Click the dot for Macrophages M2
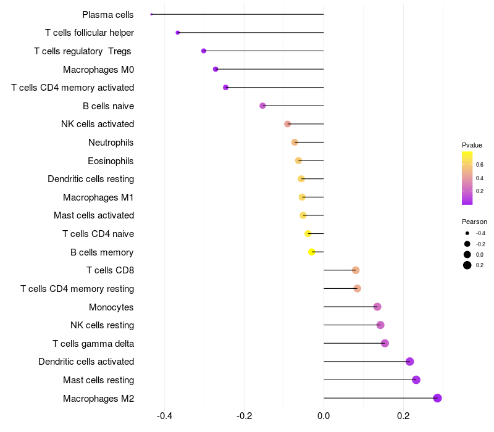click(437, 398)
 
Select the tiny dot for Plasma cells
click(151, 14)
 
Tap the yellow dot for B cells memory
click(312, 252)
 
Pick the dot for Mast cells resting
click(416, 380)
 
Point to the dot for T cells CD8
click(356, 270)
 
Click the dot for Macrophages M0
click(216, 69)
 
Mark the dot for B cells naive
click(262, 106)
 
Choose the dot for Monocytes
click(377, 307)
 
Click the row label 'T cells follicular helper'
click(90, 33)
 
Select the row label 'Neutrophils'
click(111, 143)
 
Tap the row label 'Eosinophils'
click(111, 161)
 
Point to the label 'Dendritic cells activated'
click(86, 362)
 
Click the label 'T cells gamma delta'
click(93, 343)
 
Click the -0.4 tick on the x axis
click(164, 415)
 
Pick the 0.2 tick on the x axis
click(403, 415)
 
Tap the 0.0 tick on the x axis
click(324, 415)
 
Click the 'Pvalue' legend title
click(472, 145)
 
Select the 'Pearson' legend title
click(474, 222)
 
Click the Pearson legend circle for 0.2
click(467, 265)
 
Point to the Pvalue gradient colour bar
click(467, 178)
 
